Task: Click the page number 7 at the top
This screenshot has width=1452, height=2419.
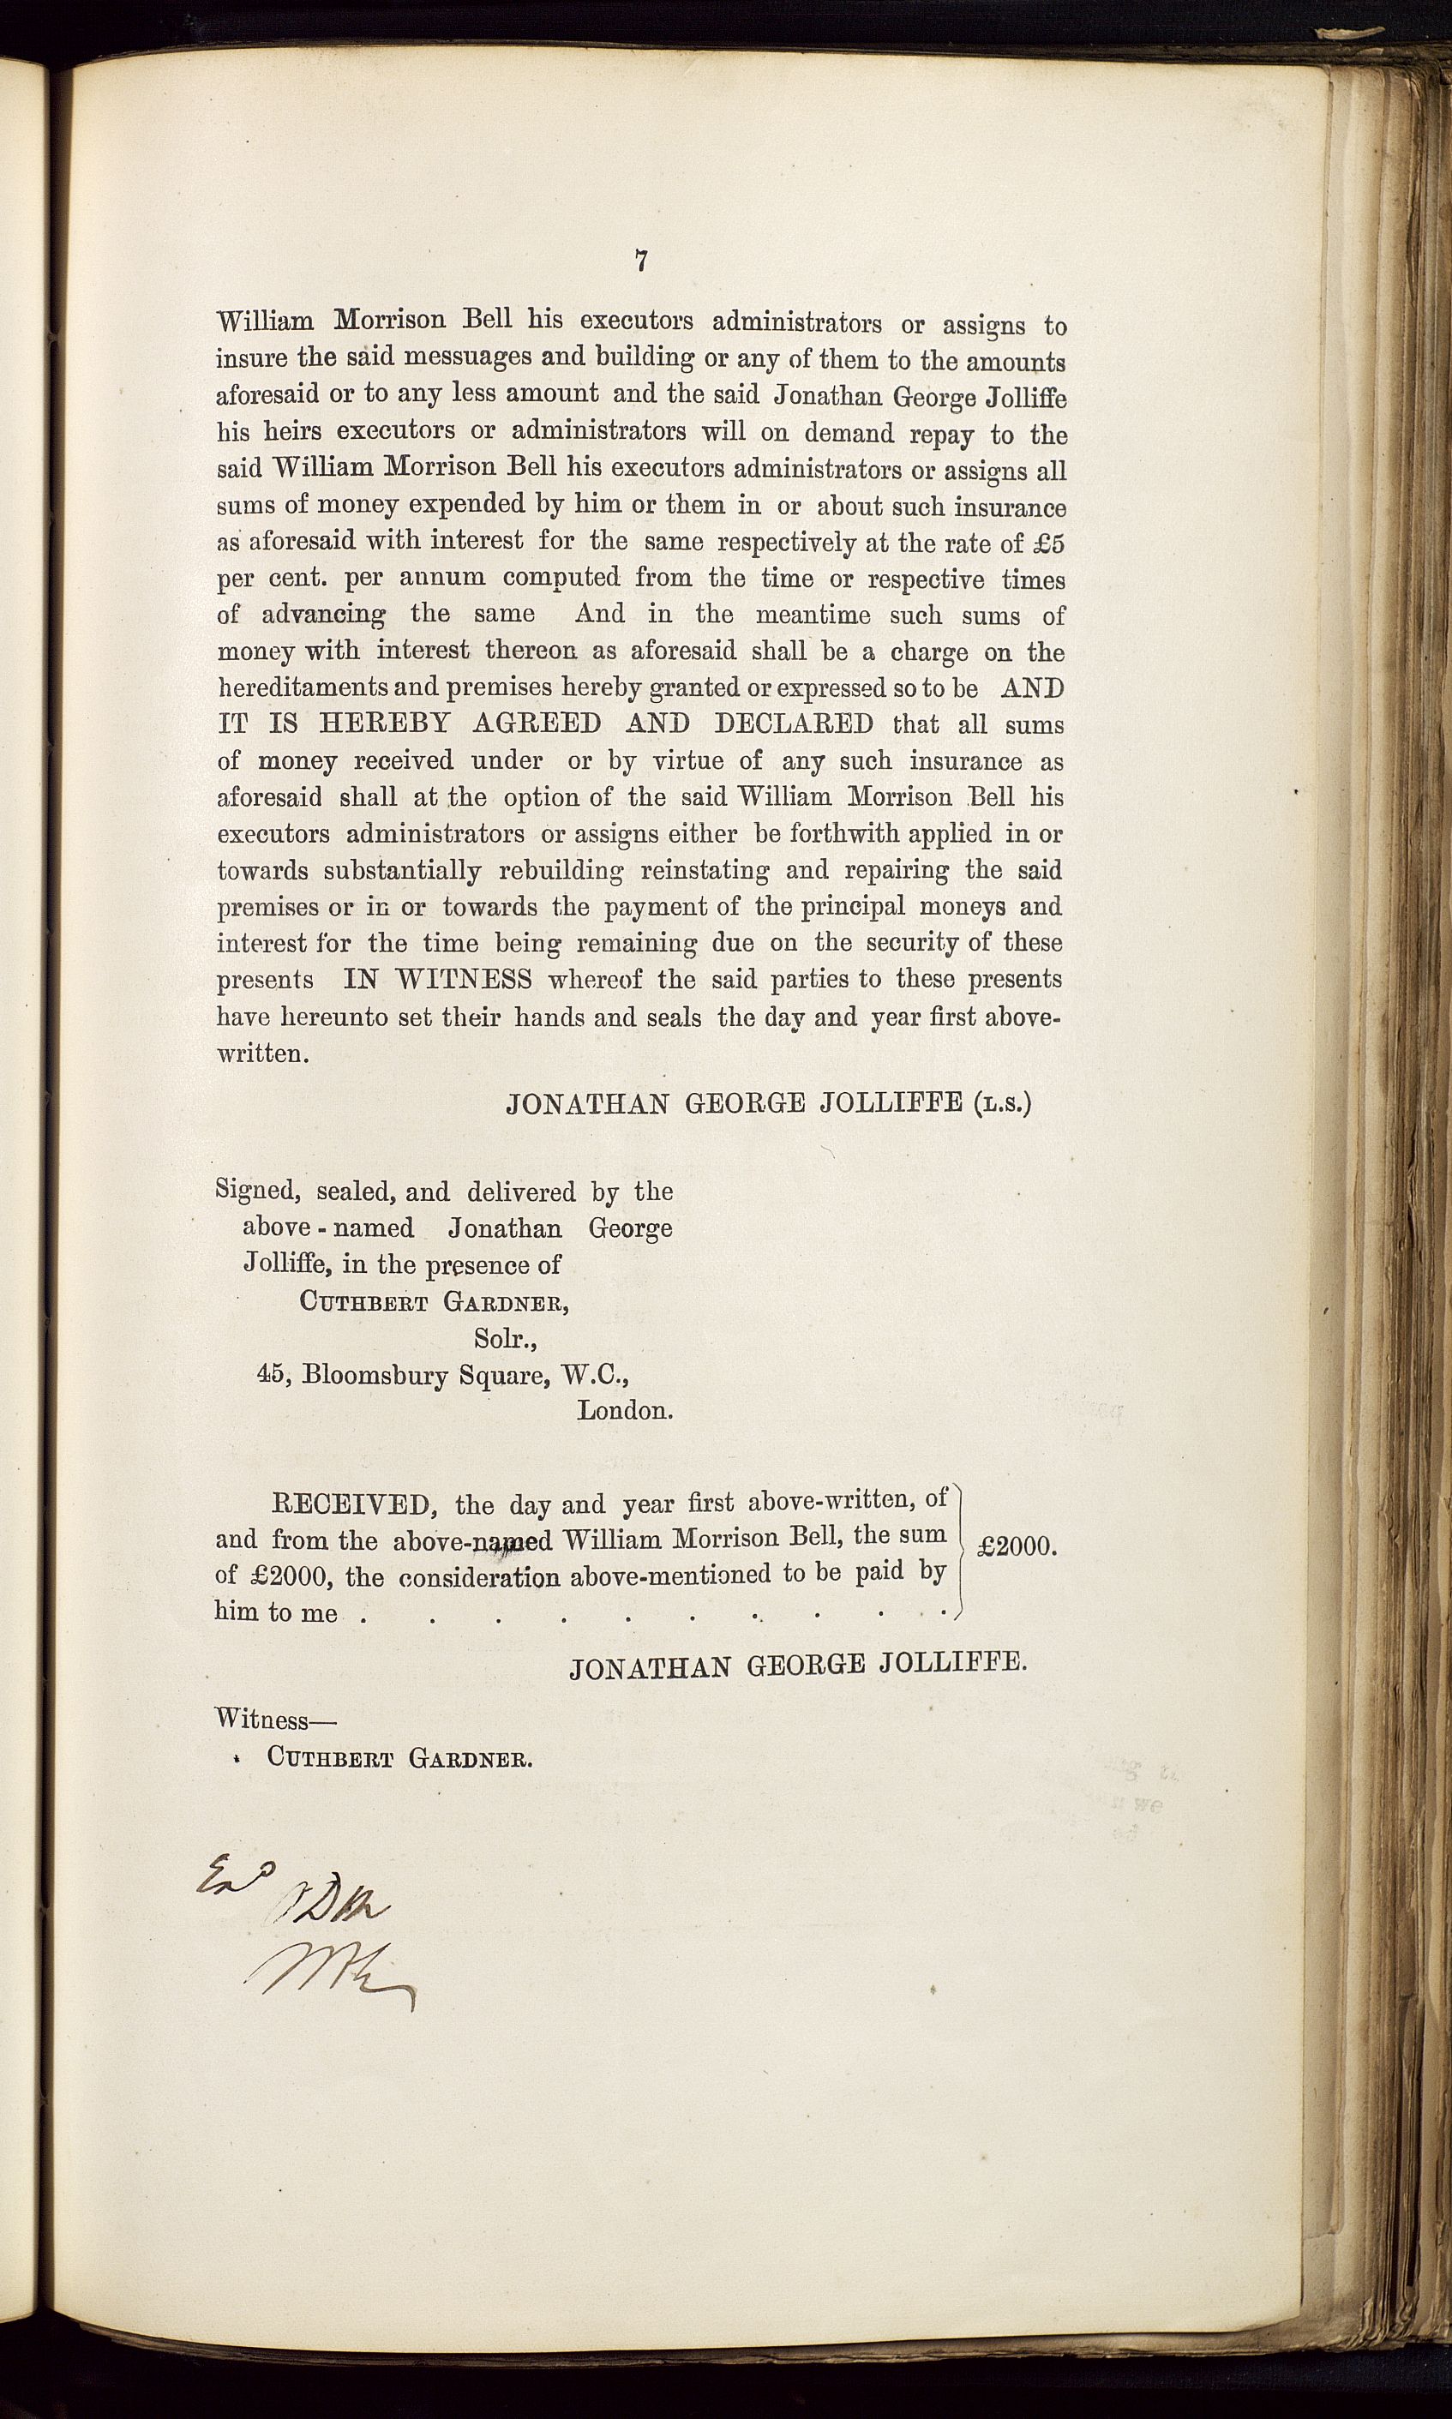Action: [642, 261]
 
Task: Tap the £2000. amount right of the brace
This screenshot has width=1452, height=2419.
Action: [1017, 1546]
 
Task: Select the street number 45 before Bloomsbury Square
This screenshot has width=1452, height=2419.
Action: [270, 1373]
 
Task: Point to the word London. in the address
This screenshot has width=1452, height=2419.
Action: [624, 1410]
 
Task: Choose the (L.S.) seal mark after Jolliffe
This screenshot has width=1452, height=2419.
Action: [1002, 1104]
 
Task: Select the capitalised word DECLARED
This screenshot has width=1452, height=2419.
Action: [795, 724]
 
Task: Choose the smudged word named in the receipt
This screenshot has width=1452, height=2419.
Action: [511, 1541]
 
